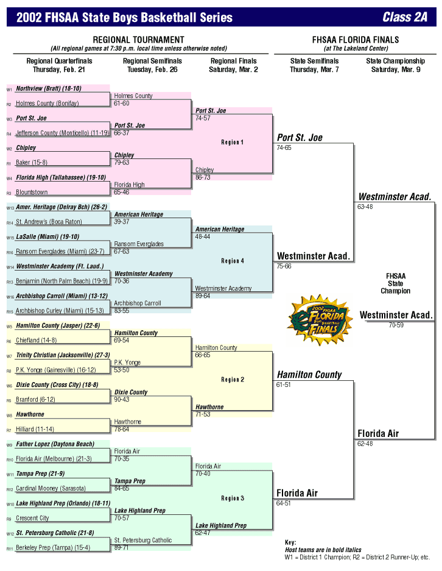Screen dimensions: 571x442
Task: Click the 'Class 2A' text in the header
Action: point(405,17)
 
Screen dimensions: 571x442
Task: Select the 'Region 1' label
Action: point(232,142)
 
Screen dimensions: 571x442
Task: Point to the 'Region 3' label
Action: point(232,498)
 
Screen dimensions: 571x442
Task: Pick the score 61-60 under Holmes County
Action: point(122,104)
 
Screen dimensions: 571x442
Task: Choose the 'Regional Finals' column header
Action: point(234,61)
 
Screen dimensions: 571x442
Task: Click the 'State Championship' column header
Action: point(395,61)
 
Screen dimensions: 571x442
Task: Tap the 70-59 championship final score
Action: point(397,325)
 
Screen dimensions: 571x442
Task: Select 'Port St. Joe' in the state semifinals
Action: point(300,138)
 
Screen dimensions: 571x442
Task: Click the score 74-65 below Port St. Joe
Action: point(284,147)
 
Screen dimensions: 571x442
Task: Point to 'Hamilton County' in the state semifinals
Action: point(309,374)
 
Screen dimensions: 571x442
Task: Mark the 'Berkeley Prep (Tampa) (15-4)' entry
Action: point(53,548)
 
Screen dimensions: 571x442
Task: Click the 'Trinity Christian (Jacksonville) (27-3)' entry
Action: point(63,355)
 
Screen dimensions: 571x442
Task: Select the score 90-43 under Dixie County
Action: point(122,400)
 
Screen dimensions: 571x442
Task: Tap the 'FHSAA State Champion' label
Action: point(396,283)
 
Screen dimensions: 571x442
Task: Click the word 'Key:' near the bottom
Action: point(290,542)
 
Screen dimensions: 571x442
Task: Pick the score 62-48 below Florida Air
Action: point(365,444)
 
